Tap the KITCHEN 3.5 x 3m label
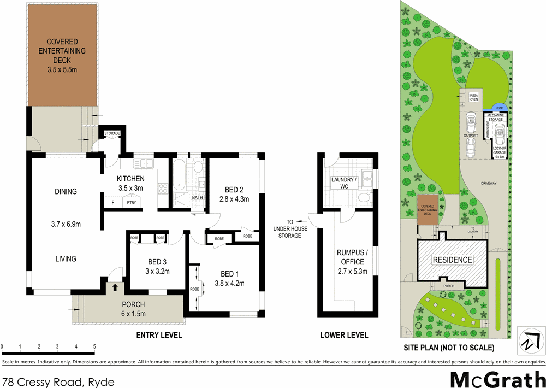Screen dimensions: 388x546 tap(130, 183)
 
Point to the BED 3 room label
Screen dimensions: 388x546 tap(157, 266)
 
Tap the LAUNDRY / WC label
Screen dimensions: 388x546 tap(344, 183)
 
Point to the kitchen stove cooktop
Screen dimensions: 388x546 tap(163, 189)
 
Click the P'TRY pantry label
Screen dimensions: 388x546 tap(131, 203)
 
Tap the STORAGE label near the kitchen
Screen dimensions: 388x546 tap(112, 133)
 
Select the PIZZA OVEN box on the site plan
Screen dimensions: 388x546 tap(473, 97)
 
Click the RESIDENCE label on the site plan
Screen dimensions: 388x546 tap(453, 260)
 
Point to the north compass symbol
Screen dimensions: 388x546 tap(528, 342)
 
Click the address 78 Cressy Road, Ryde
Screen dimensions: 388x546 tap(58, 381)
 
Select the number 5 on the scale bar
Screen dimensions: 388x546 tap(94, 346)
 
